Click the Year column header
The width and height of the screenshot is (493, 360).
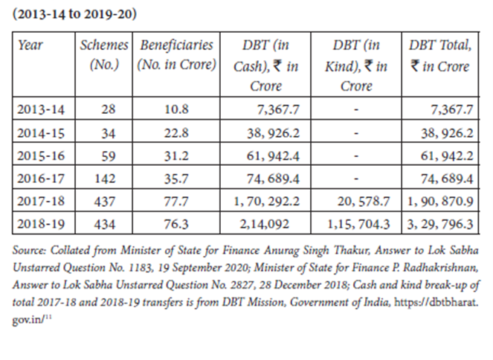[x=30, y=45]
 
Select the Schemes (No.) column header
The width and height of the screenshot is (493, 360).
[x=104, y=55]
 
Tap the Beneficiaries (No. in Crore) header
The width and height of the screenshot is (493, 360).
[x=176, y=55]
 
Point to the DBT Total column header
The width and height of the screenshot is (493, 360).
[x=440, y=55]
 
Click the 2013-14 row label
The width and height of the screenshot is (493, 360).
[x=41, y=109]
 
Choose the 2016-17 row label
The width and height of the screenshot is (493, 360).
[x=41, y=179]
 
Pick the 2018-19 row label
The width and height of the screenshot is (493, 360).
[x=41, y=224]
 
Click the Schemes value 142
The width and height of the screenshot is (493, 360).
[x=105, y=179]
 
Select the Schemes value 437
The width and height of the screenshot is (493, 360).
[x=105, y=202]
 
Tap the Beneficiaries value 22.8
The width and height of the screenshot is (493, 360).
[x=176, y=132]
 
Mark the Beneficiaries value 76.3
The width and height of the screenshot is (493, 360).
[x=176, y=224]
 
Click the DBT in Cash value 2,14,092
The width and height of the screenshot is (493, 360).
[x=265, y=224]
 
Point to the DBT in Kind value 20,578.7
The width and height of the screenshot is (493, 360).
[x=364, y=202]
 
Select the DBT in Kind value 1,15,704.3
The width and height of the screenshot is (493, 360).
[x=358, y=224]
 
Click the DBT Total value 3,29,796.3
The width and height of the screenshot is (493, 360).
[x=440, y=224]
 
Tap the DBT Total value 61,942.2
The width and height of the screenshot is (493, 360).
[x=447, y=155]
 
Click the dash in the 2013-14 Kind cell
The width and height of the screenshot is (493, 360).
[x=356, y=110]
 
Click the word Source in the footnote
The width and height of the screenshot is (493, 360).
[x=29, y=250]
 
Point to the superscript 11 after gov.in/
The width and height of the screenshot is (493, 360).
[x=48, y=317]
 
